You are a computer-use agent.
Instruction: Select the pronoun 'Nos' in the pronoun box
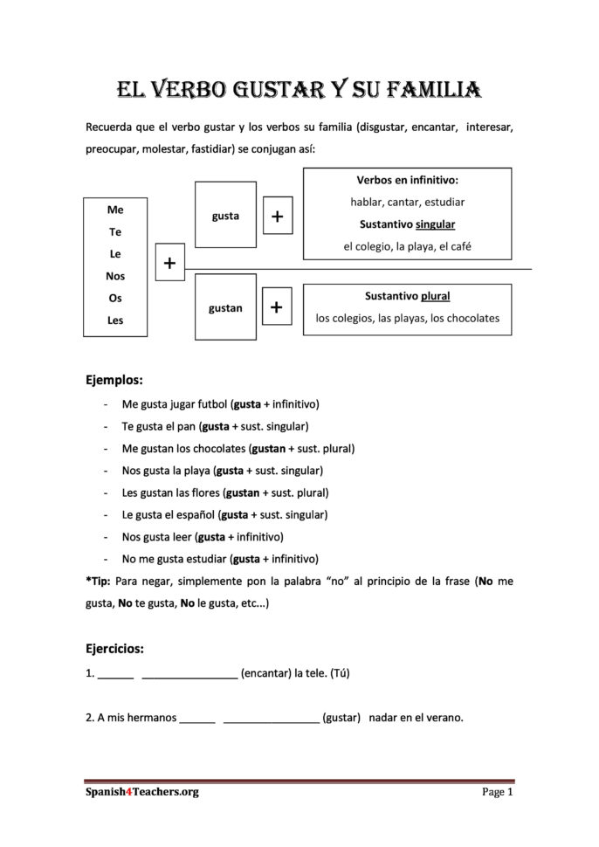[114, 276]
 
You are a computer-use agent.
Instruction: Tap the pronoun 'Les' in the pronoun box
[114, 320]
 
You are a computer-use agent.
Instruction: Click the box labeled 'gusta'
[225, 216]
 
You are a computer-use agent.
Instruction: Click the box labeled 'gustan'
[225, 308]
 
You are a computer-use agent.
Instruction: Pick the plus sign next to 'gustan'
[277, 307]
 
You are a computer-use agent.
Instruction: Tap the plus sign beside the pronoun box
[169, 263]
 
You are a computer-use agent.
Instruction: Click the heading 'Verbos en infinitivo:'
[407, 181]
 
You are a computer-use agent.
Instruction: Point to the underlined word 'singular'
[435, 224]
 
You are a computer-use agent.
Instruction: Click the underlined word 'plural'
[435, 296]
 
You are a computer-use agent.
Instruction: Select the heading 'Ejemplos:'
[114, 381]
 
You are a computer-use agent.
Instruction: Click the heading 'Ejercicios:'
[115, 649]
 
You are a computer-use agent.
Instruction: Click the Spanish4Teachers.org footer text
[129, 792]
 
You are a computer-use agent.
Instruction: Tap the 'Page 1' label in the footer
[497, 792]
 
